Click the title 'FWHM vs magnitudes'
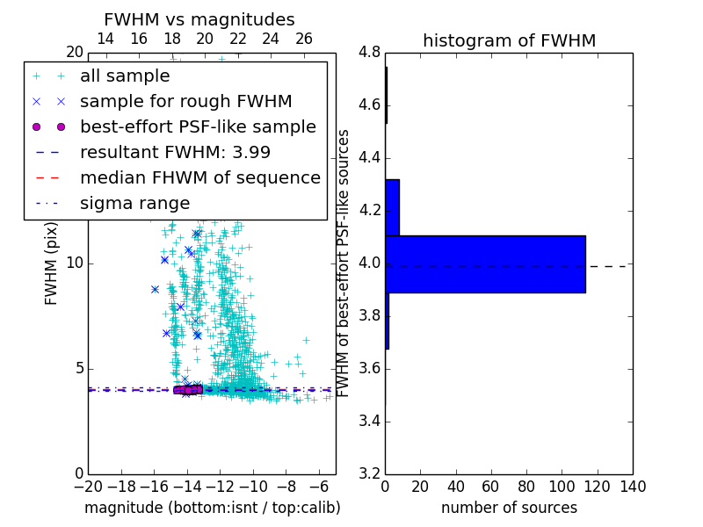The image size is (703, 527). point(199,20)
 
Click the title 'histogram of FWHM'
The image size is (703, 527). point(509,40)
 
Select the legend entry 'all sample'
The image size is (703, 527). point(125,76)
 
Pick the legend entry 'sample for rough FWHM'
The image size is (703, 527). point(185,102)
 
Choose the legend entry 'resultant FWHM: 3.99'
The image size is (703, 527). point(175,153)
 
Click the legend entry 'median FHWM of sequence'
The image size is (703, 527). point(199,178)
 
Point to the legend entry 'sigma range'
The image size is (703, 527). point(134,204)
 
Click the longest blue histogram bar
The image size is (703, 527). point(485,263)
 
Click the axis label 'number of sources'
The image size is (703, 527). point(509,508)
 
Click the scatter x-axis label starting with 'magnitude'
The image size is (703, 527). point(212,508)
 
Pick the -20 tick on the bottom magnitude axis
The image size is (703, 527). point(88,487)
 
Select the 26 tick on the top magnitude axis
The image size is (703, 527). point(304,39)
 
